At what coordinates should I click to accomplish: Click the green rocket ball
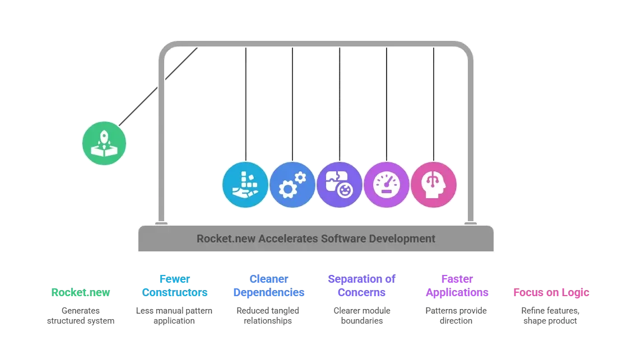pyautogui.click(x=104, y=143)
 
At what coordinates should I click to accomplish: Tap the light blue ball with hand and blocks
pyautogui.click(x=245, y=185)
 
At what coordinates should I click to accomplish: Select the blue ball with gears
pyautogui.click(x=292, y=185)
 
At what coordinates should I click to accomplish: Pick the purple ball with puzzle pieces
pyautogui.click(x=340, y=185)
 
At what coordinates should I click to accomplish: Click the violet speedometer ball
pyautogui.click(x=387, y=185)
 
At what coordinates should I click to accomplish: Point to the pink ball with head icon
pyautogui.click(x=434, y=185)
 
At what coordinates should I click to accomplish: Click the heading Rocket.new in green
pyautogui.click(x=81, y=292)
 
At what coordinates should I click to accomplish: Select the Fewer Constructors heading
pyautogui.click(x=174, y=286)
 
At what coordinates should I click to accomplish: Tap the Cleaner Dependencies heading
pyautogui.click(x=269, y=286)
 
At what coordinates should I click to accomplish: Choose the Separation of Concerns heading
pyautogui.click(x=361, y=286)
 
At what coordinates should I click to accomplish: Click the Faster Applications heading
pyautogui.click(x=457, y=286)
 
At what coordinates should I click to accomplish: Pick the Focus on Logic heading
pyautogui.click(x=551, y=293)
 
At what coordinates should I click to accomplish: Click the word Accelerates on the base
pyautogui.click(x=288, y=239)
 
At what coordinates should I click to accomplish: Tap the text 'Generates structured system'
pyautogui.click(x=81, y=316)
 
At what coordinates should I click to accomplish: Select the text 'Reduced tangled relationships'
pyautogui.click(x=268, y=316)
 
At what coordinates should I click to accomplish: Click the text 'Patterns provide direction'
pyautogui.click(x=456, y=316)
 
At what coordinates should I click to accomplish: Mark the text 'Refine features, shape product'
pyautogui.click(x=550, y=316)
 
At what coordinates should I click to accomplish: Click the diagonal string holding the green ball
pyautogui.click(x=158, y=87)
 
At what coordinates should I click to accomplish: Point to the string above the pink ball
pyautogui.click(x=434, y=105)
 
